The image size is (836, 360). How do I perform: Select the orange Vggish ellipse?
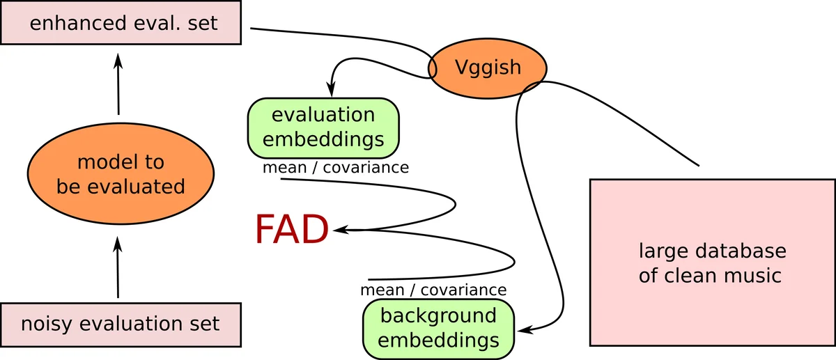pyautogui.click(x=487, y=68)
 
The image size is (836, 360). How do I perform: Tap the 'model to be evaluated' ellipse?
pyautogui.click(x=121, y=174)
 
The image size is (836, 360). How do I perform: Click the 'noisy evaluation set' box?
pyautogui.click(x=121, y=324)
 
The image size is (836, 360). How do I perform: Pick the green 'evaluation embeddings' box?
pyautogui.click(x=323, y=127)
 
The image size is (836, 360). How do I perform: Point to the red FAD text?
pyautogui.click(x=291, y=229)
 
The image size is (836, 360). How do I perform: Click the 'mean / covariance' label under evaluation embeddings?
pyautogui.click(x=335, y=167)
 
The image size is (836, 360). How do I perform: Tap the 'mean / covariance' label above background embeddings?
pyautogui.click(x=433, y=290)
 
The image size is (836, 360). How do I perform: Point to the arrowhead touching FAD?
pyautogui.click(x=337, y=229)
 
